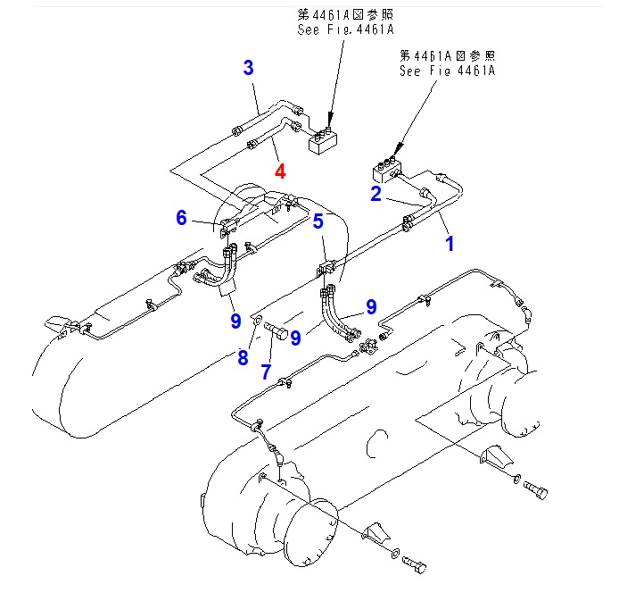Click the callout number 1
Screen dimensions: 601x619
pos(450,242)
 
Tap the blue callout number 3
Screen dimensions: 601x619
pos(249,68)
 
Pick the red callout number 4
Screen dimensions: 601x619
pos(280,171)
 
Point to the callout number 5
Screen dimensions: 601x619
pos(318,221)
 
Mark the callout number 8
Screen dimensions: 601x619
pos(243,358)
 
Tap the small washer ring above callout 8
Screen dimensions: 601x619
pos(256,317)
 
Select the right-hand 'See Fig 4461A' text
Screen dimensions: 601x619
pos(447,71)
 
